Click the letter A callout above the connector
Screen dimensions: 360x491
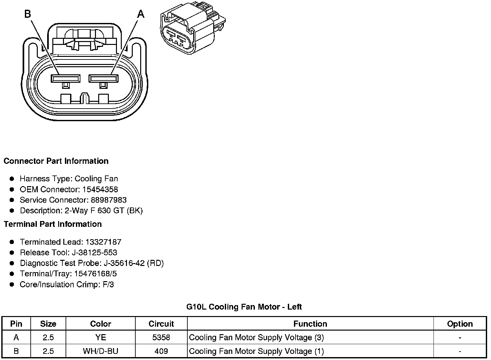[141, 14]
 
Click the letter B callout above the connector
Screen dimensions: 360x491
[27, 14]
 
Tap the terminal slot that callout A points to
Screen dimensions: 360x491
[104, 78]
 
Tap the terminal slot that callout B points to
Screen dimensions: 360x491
[66, 78]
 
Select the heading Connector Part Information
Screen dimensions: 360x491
[56, 161]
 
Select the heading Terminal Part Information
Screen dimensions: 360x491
[53, 224]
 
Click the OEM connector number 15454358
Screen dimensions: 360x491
[100, 189]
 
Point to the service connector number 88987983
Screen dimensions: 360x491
[109, 200]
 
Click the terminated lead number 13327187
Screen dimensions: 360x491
[103, 242]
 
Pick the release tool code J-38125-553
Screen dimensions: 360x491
[96, 252]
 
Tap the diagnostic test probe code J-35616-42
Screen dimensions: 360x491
[124, 263]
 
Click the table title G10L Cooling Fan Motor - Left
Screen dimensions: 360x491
[244, 307]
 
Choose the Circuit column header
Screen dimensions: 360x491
[161, 324]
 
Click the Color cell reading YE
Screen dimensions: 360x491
[100, 337]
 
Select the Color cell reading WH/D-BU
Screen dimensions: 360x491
[100, 351]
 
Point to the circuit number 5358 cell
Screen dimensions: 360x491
[161, 337]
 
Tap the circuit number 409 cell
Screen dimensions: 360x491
[161, 351]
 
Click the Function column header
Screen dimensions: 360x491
[310, 324]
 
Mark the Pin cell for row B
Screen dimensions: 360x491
[16, 351]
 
